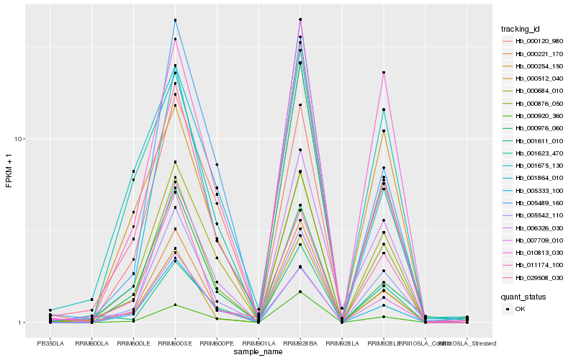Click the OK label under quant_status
pyautogui.click(x=520, y=309)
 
